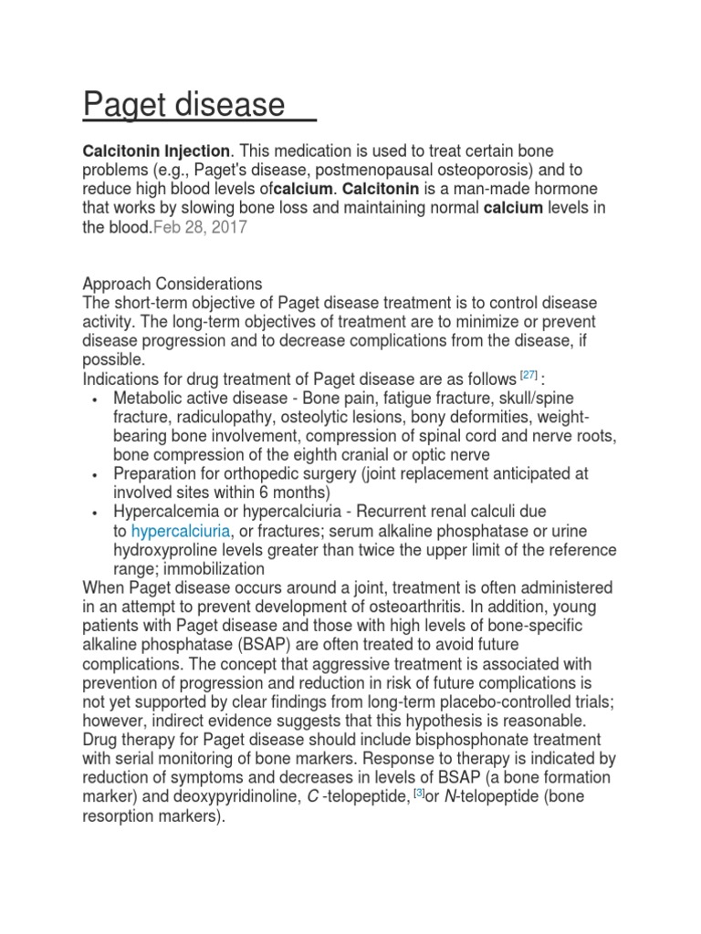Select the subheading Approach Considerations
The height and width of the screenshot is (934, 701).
(x=173, y=284)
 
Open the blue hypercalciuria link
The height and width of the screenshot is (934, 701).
(x=181, y=531)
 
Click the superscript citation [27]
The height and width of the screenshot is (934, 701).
(x=528, y=375)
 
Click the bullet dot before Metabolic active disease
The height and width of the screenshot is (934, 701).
(x=97, y=400)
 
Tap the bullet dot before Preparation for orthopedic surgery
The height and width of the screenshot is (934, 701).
(x=97, y=475)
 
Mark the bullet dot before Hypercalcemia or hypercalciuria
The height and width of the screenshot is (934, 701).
(x=97, y=514)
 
